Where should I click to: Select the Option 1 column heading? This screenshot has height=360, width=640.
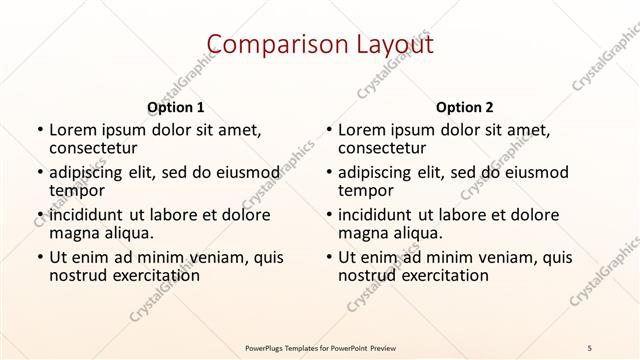pyautogui.click(x=176, y=107)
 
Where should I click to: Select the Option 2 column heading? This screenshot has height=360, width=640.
pyautogui.click(x=465, y=107)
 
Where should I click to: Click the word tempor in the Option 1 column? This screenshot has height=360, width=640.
pyautogui.click(x=77, y=190)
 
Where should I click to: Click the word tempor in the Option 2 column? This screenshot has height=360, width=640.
pyautogui.click(x=366, y=190)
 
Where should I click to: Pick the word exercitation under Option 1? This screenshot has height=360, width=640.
pyautogui.click(x=144, y=276)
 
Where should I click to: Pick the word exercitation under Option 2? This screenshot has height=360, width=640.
pyautogui.click(x=433, y=276)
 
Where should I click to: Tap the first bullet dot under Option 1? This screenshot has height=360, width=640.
pyautogui.click(x=39, y=130)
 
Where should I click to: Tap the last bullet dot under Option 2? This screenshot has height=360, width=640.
pyautogui.click(x=328, y=258)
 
